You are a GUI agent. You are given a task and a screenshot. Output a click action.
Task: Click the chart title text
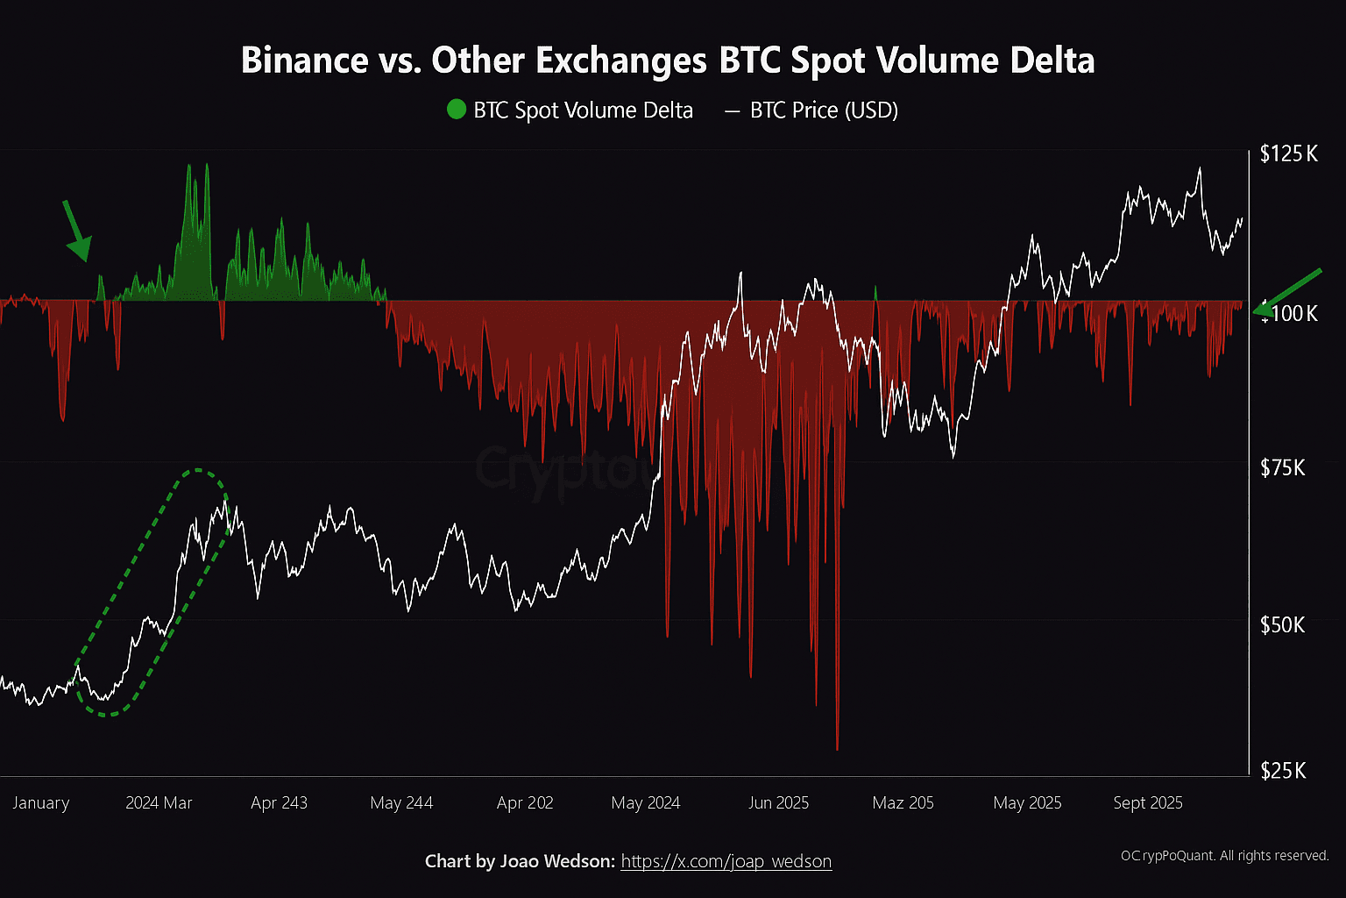667,61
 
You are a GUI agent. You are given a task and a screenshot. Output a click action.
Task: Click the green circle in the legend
456,110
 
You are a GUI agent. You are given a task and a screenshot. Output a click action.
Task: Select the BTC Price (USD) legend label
824,110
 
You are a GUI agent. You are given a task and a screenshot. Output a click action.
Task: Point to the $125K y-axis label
1288,154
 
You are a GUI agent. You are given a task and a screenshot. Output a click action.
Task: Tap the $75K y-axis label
1283,467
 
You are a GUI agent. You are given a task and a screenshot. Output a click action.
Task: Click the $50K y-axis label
1283,624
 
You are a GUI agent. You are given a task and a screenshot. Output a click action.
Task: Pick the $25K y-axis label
1283,771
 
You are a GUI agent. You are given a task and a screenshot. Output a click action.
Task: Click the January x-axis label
40,802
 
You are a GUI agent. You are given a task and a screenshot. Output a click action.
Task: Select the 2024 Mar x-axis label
159,802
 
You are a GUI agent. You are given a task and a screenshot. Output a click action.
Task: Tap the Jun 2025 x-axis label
778,802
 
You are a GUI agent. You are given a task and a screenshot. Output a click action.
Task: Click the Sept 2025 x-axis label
1147,802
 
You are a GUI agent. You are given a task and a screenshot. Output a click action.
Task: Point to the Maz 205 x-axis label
903,802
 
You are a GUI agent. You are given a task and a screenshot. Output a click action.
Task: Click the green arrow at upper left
76,232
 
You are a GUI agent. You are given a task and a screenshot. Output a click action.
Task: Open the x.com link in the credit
726,861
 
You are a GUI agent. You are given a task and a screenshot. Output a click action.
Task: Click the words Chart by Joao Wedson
520,861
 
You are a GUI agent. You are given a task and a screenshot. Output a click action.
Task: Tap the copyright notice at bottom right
1224,855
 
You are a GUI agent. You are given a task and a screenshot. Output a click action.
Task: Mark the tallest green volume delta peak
188,167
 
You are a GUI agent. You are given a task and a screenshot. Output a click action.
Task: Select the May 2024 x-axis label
645,802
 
